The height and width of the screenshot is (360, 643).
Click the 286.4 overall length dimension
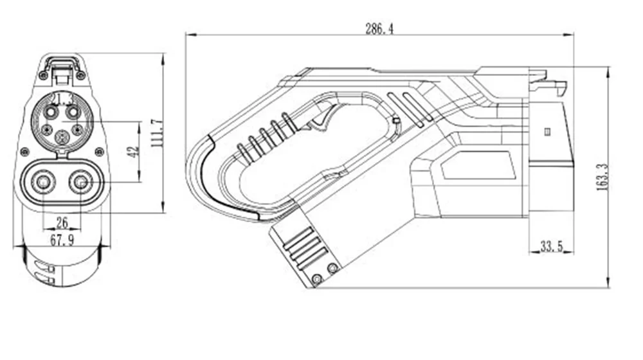click(379, 29)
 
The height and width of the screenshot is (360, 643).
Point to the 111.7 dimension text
click(156, 134)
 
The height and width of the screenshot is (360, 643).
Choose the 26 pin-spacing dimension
click(62, 222)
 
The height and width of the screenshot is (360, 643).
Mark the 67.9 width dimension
click(62, 240)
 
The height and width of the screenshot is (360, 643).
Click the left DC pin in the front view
click(44, 183)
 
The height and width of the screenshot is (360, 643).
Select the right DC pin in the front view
click(81, 183)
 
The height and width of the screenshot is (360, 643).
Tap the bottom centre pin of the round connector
click(62, 136)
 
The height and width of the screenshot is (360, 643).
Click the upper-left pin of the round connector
click(51, 112)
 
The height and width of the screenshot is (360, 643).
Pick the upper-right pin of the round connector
click(73, 112)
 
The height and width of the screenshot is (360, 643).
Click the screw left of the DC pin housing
click(24, 152)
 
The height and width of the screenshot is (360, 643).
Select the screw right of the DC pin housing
click(99, 152)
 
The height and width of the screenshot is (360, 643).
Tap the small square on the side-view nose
click(547, 132)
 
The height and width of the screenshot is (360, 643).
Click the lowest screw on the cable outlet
click(316, 278)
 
